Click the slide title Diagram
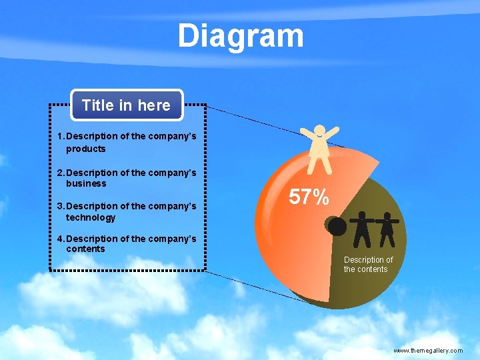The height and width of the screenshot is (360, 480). pyautogui.click(x=240, y=36)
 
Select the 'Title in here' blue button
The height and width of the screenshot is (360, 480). pyautogui.click(x=126, y=105)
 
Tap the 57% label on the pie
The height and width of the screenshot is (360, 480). pyautogui.click(x=309, y=197)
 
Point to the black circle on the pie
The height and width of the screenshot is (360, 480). pyautogui.click(x=337, y=227)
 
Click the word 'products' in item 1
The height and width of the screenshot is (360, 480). pyautogui.click(x=85, y=149)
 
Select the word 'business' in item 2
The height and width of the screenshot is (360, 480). pyautogui.click(x=86, y=183)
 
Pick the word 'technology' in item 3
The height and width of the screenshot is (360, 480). pyautogui.click(x=91, y=217)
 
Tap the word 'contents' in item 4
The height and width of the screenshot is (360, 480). pyautogui.click(x=85, y=249)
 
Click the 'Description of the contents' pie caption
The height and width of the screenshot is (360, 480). pyautogui.click(x=368, y=264)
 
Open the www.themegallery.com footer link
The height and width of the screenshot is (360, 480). pyautogui.click(x=427, y=350)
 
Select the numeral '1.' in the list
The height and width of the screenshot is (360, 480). pyautogui.click(x=61, y=136)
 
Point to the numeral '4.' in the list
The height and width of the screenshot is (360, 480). pyautogui.click(x=61, y=239)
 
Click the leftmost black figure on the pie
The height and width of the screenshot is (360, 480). pyautogui.click(x=361, y=228)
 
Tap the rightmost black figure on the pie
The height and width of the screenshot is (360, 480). pyautogui.click(x=387, y=228)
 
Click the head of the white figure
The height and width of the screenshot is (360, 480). pyautogui.click(x=320, y=131)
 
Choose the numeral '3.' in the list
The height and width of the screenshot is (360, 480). pyautogui.click(x=61, y=207)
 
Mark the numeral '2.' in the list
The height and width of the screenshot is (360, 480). pyautogui.click(x=61, y=173)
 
